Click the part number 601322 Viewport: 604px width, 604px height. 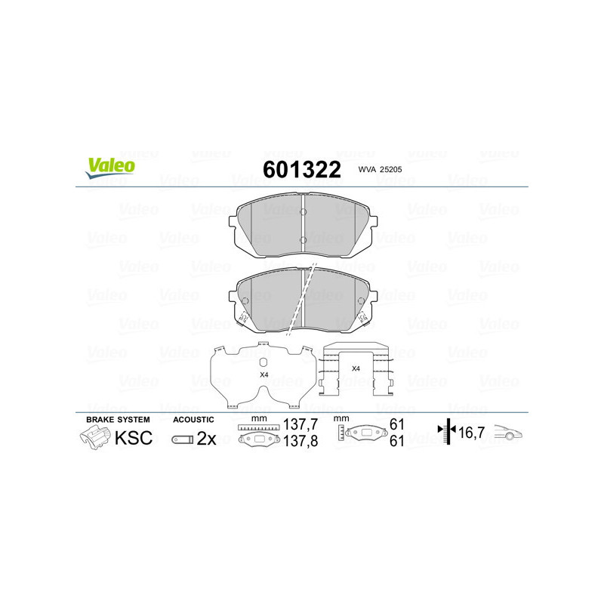coord(301,169)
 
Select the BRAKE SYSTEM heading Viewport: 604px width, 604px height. coord(118,419)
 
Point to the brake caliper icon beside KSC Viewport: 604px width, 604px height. coord(94,437)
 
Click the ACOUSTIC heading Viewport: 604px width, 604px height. coord(194,419)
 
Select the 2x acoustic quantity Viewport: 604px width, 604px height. coord(206,439)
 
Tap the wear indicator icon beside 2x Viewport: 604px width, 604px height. coord(182,439)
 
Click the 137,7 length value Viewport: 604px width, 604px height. coord(298,425)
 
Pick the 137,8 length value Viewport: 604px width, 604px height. coord(298,442)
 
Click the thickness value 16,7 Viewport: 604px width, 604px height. coord(472,433)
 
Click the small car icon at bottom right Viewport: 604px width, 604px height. coord(509,433)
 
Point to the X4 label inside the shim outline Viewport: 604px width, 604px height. coord(263,374)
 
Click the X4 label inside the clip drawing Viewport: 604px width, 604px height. coord(356,368)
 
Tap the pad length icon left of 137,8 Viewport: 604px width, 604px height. coord(258,440)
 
